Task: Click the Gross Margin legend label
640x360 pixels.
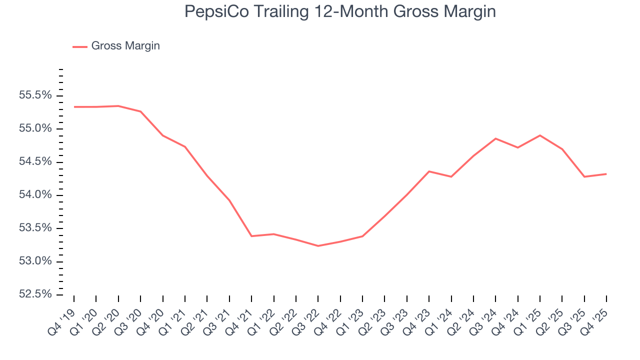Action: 125,46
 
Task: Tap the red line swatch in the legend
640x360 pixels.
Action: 80,46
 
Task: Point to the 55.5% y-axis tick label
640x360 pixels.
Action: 35,95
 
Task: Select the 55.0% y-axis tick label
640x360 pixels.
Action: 35,128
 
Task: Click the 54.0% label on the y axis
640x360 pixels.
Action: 35,195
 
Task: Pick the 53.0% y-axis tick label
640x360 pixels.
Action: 35,261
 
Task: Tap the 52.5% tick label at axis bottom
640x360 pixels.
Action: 35,294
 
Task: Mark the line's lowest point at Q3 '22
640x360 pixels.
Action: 318,246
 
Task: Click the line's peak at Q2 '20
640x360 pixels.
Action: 118,106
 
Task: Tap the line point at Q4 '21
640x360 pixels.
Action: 251,236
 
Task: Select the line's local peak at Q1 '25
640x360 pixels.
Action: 540,135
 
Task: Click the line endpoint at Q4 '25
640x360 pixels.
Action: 606,174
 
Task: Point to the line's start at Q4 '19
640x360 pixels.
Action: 74,106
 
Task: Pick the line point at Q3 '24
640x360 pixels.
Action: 495,138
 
